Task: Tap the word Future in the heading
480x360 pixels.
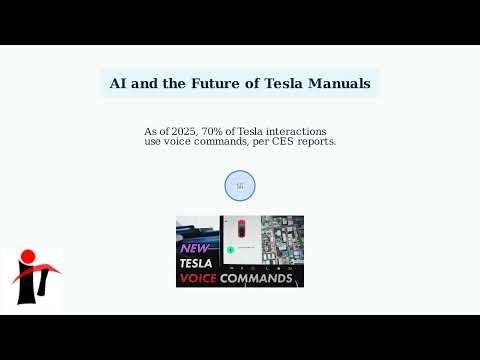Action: pyautogui.click(x=216, y=84)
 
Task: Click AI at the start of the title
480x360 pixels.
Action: pyautogui.click(x=119, y=84)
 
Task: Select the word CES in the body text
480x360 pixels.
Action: pyautogui.click(x=271, y=142)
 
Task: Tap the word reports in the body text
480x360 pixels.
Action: pyautogui.click(x=311, y=142)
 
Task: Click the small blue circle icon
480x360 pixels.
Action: pyautogui.click(x=240, y=185)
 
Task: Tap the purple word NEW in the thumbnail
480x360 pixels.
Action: pyautogui.click(x=196, y=247)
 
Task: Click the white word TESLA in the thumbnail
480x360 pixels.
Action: pyautogui.click(x=197, y=264)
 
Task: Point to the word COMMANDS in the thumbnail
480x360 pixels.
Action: pyautogui.click(x=257, y=278)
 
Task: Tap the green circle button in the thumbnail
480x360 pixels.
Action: pyautogui.click(x=230, y=246)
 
